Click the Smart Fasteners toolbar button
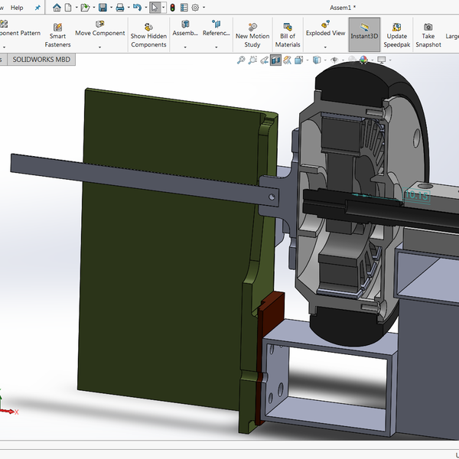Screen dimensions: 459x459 pyautogui.click(x=57, y=35)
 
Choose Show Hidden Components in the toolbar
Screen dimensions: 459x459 pyautogui.click(x=148, y=35)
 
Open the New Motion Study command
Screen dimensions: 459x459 pyautogui.click(x=252, y=35)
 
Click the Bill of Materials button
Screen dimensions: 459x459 pyautogui.click(x=288, y=35)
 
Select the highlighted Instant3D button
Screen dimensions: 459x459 pyautogui.click(x=364, y=34)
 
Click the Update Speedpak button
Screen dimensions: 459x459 pyautogui.click(x=396, y=35)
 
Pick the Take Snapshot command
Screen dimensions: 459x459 pyautogui.click(x=428, y=35)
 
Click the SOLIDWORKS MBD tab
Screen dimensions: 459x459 pyautogui.click(x=41, y=59)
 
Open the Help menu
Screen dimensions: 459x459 pyautogui.click(x=17, y=7)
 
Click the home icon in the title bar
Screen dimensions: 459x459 pyautogui.click(x=57, y=8)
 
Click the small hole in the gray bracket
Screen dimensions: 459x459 pyautogui.click(x=271, y=196)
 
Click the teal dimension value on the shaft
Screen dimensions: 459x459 pyautogui.click(x=416, y=195)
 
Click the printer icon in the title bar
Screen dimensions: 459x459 pyautogui.click(x=119, y=8)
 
